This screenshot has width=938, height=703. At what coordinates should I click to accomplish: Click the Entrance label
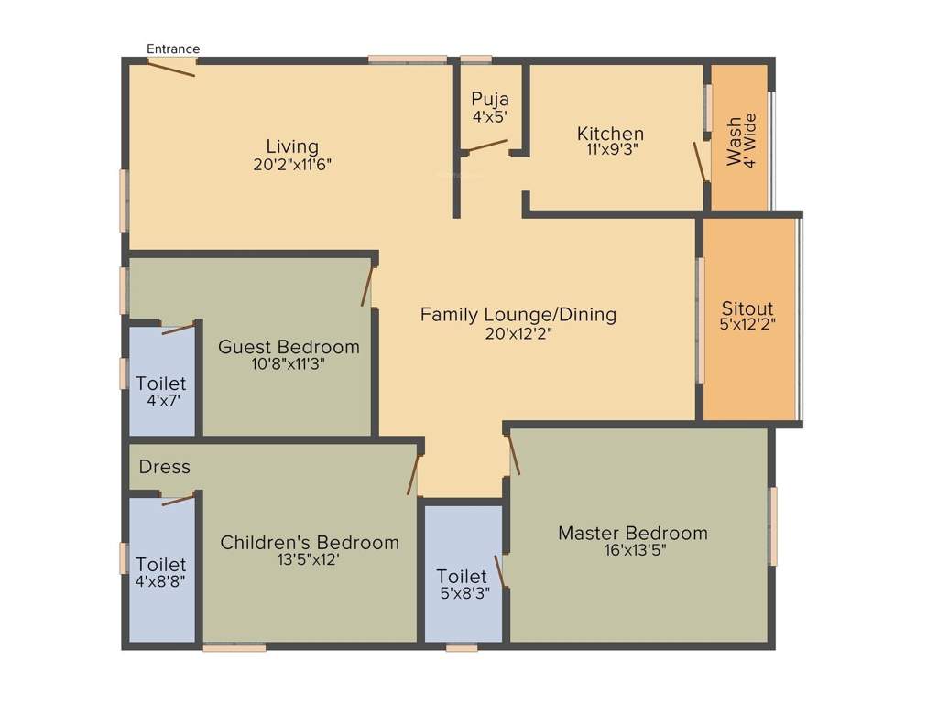pos(173,49)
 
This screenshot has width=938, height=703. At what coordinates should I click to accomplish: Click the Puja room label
pos(490,99)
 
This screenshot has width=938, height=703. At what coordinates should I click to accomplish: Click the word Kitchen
pos(610,134)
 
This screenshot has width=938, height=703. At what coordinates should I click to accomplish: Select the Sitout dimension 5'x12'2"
pos(747,324)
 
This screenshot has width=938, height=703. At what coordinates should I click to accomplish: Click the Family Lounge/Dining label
pos(518,315)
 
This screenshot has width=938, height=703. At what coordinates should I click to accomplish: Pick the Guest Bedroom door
pos(368,283)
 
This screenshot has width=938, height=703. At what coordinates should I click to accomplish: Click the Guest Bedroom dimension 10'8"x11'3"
pos(289,362)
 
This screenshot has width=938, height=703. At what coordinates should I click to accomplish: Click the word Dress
pos(165,467)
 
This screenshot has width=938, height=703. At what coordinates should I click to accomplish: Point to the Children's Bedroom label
pos(310,543)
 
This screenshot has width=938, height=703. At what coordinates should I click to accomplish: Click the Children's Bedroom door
pos(413,474)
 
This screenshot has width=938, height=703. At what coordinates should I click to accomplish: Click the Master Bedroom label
pos(633,533)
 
